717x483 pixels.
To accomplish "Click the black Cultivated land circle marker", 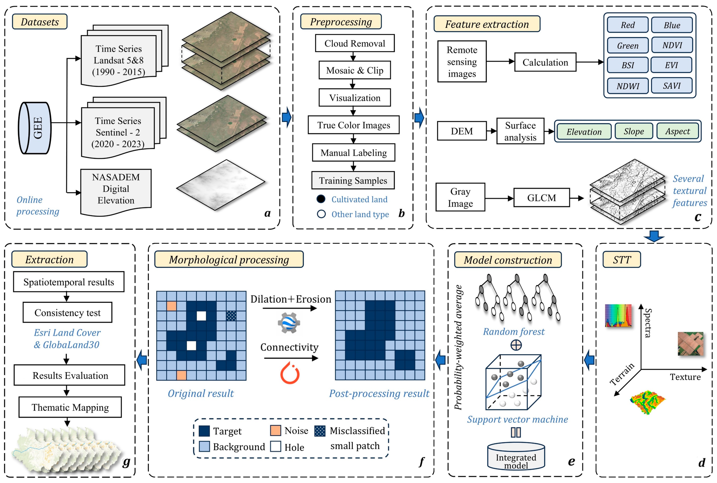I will [x=321, y=199].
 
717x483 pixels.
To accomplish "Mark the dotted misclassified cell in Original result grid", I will [x=231, y=316].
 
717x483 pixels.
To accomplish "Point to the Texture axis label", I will [x=685, y=377].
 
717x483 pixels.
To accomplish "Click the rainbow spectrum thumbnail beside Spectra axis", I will [x=618, y=315].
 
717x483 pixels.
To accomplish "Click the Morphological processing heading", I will [x=229, y=259].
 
